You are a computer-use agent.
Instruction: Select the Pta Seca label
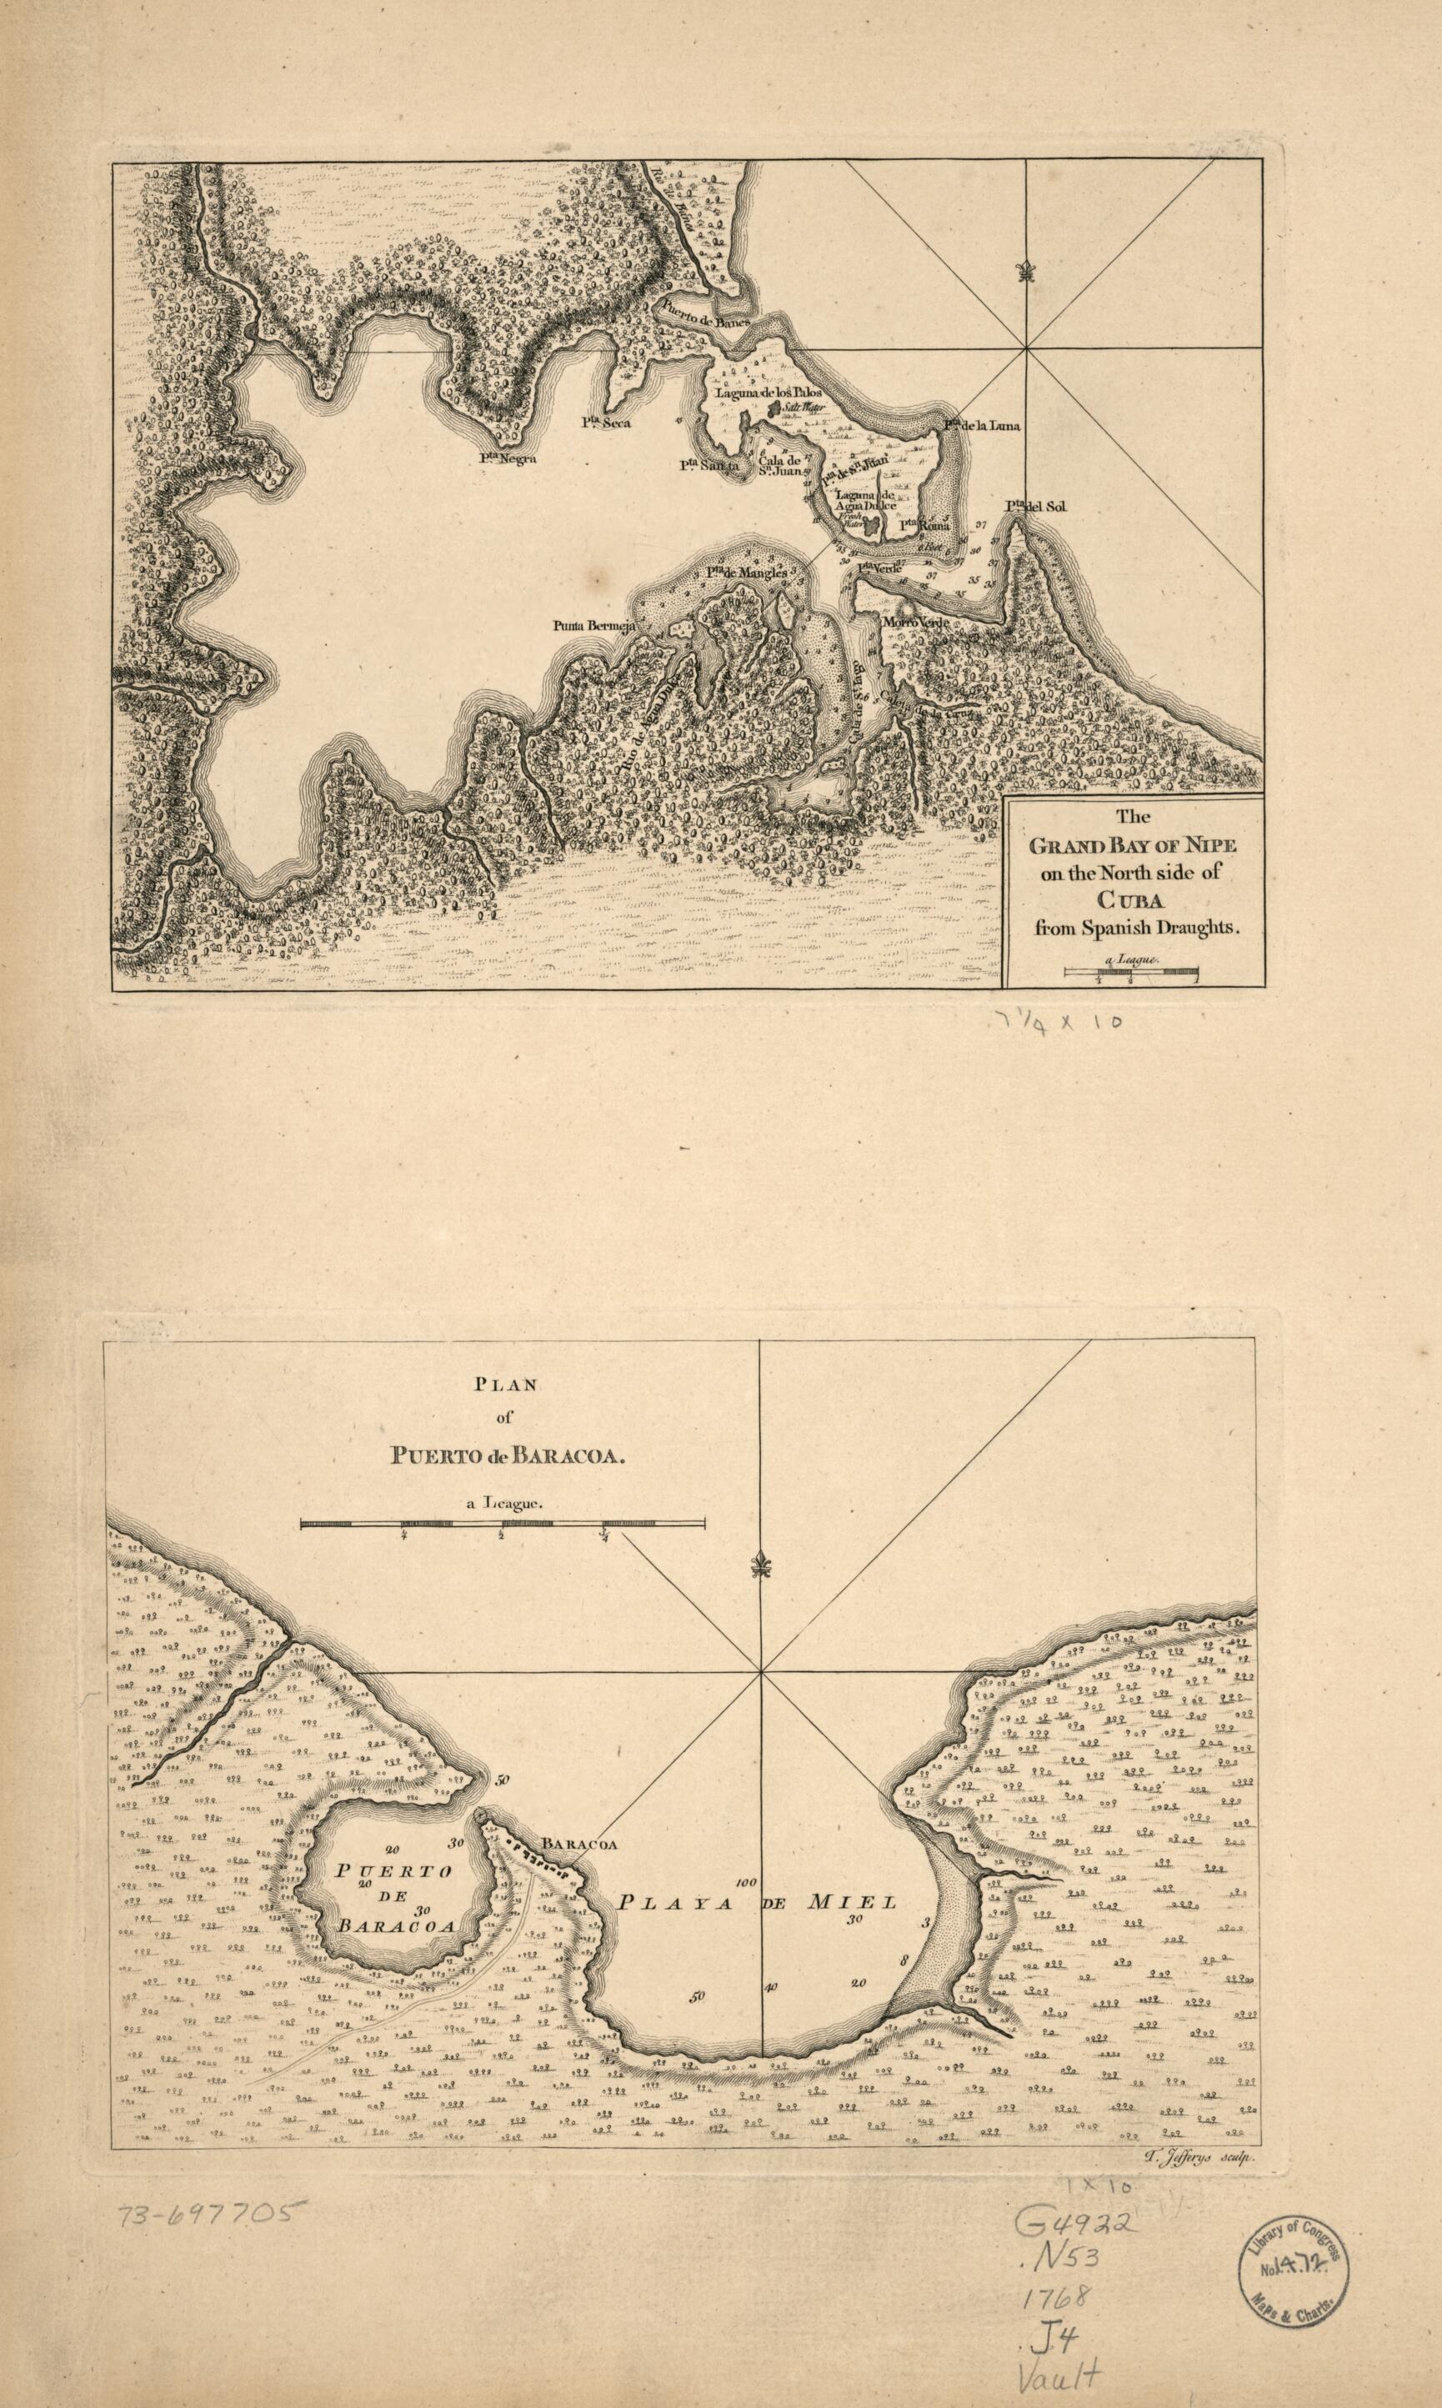pos(606,423)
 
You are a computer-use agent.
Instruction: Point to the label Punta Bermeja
pos(593,626)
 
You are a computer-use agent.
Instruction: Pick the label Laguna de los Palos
pos(769,393)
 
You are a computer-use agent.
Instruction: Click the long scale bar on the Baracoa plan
pos(503,1524)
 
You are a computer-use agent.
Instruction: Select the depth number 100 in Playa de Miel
pos(745,1881)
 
